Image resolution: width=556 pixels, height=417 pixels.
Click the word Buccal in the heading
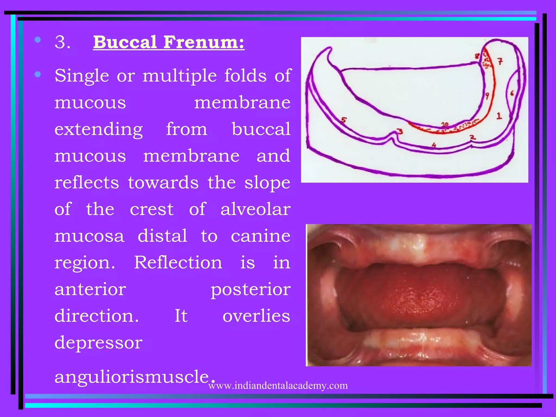[125, 42]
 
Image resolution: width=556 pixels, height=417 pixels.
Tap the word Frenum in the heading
[204, 42]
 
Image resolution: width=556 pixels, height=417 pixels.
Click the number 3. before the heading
[62, 42]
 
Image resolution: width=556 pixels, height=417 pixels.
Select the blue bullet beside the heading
[38, 40]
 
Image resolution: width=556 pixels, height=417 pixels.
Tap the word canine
[261, 236]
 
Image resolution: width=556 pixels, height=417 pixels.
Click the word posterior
[250, 289]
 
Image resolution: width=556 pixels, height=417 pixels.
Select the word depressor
[98, 343]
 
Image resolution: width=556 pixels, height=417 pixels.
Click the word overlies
[256, 316]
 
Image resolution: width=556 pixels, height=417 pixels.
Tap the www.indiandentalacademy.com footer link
[278, 386]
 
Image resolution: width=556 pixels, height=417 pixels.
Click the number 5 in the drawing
[344, 120]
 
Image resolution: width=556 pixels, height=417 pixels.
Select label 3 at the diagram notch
[400, 132]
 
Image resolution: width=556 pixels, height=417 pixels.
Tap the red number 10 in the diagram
[445, 125]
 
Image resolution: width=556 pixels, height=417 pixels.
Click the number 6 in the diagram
[512, 93]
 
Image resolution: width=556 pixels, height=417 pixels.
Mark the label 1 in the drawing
[499, 116]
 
